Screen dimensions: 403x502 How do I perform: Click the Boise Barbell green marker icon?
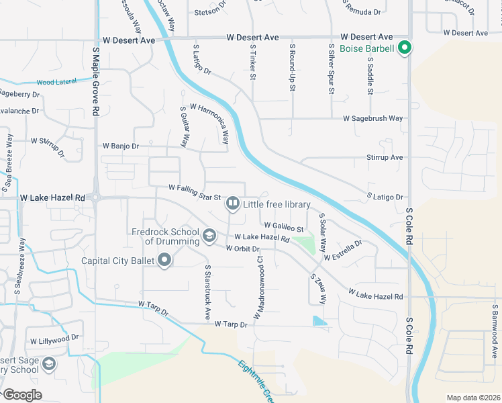(405, 48)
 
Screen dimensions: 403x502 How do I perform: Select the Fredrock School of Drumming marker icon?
(209, 235)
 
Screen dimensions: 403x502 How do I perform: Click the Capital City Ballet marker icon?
(165, 260)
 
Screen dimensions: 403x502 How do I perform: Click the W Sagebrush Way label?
(372, 118)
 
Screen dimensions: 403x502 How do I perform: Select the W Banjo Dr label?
(120, 146)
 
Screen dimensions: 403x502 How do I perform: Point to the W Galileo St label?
(289, 227)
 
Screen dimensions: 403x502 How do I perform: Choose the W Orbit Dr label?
(242, 249)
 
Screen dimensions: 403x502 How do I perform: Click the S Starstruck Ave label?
(207, 292)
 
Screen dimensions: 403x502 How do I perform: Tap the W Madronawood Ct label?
(257, 287)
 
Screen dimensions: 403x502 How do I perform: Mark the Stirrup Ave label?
(385, 157)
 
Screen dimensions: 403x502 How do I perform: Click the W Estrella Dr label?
(342, 251)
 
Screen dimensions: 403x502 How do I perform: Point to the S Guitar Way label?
(183, 126)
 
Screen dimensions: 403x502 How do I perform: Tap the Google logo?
(21, 395)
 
